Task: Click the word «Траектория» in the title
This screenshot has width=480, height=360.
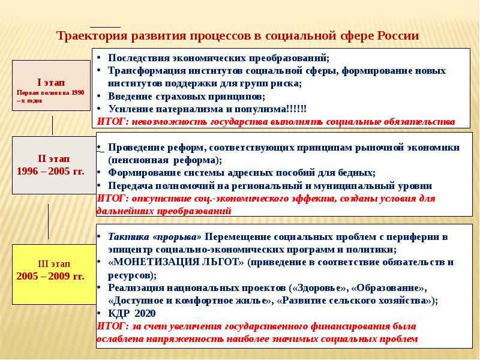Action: point(92,36)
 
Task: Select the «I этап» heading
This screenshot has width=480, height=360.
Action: point(51,82)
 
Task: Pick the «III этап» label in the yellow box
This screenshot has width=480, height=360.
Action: point(54,263)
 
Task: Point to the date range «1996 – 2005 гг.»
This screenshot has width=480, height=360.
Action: point(50,171)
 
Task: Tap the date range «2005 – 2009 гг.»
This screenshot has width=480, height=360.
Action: point(50,276)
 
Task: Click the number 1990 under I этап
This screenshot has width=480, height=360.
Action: point(78,93)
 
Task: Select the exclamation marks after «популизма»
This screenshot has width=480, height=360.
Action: point(296,109)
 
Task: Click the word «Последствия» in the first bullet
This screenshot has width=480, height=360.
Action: point(139,58)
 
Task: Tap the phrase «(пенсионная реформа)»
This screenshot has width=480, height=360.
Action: point(165,160)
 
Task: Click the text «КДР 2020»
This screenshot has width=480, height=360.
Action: point(131,313)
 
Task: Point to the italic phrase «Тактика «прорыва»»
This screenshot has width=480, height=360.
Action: point(155,237)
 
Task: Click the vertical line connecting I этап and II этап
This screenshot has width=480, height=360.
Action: point(52,125)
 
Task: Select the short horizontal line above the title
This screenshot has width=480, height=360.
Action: point(106,27)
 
